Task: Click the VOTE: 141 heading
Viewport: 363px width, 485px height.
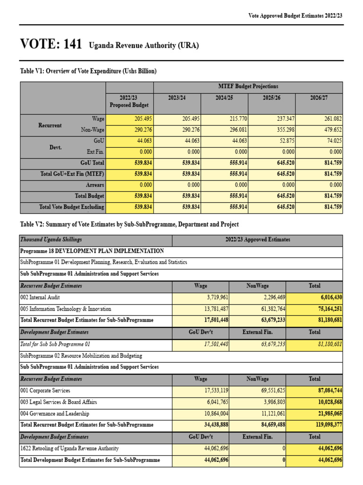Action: [x=51, y=45]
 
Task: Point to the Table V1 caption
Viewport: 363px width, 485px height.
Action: [x=88, y=71]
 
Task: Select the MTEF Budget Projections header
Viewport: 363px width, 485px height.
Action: [x=248, y=87]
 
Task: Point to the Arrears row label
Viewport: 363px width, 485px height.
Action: [x=95, y=185]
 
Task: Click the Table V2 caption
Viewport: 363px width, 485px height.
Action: [x=129, y=224]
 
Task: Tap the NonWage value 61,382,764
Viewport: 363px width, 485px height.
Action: [x=268, y=309]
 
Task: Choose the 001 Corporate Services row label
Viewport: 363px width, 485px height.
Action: [x=45, y=391]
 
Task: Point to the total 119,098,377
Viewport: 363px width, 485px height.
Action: [x=321, y=425]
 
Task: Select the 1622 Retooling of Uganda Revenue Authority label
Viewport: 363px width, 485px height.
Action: [x=69, y=448]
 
